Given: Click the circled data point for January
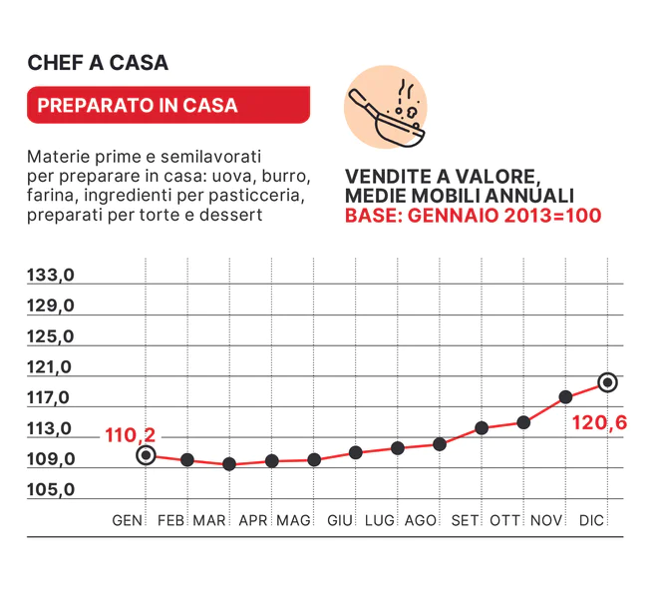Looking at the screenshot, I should pos(146,455).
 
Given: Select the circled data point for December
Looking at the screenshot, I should pos(607,381).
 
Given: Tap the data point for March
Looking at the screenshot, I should pos(229,464).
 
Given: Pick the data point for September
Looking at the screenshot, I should pos(482,427).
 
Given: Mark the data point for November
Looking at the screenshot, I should pos(565,396).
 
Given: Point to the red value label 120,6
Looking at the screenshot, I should pos(599,423).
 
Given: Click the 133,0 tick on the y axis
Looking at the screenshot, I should pos(51,275).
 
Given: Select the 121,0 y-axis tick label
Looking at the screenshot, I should pos(51,367).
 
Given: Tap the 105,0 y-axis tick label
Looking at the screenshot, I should pos(51,490).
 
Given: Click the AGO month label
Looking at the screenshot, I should pos(421,520).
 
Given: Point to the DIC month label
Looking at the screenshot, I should pos(592,520).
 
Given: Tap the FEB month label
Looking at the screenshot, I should pos(171,520).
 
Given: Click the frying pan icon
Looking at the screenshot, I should pos(385,108).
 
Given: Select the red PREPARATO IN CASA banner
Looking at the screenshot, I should pos(168,105).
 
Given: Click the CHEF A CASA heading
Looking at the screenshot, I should pos(98,63).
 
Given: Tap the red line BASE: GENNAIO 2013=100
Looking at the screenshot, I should pos(473,215).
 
